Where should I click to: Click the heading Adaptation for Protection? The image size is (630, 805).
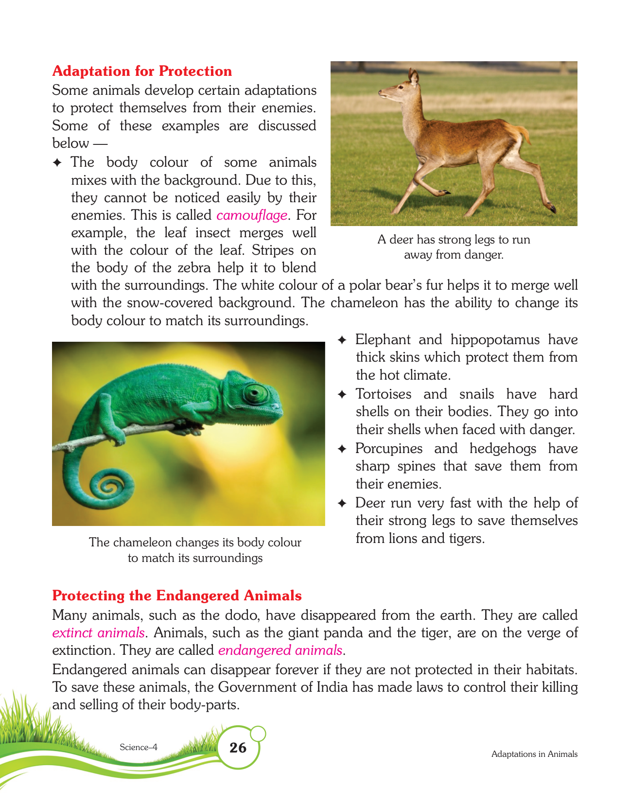142,71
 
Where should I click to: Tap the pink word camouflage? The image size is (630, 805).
252,215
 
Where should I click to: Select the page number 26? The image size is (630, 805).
238,748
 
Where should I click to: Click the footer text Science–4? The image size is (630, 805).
139,747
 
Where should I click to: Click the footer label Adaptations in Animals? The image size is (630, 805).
534,754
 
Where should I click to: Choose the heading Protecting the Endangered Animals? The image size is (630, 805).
177,595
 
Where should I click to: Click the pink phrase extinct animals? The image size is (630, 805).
98,632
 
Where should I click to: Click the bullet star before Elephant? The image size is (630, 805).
342,340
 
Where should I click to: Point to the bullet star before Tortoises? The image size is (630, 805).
342,395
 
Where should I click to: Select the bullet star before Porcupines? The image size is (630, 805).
342,449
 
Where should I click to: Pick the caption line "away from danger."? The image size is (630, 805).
454,255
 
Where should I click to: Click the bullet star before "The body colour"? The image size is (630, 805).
57,163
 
